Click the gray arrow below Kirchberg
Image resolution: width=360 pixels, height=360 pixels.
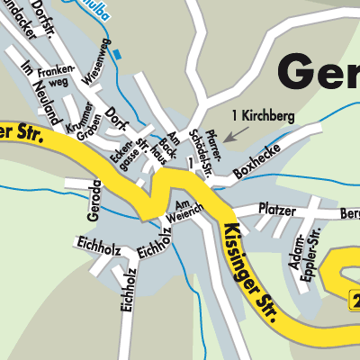point(233,135)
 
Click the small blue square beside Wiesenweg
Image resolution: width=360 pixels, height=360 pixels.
point(116,54)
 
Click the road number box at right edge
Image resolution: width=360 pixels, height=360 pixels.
point(354,301)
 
